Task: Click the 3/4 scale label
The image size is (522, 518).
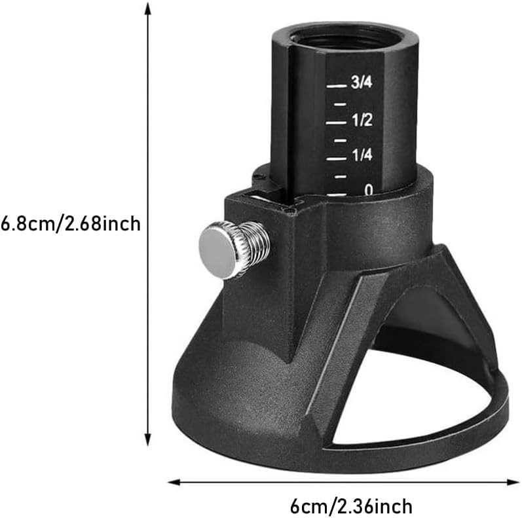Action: [x=362, y=83]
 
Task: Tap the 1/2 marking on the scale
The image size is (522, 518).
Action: [x=362, y=120]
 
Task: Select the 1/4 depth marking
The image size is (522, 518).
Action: [x=362, y=155]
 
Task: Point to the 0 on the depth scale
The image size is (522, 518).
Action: [x=369, y=190]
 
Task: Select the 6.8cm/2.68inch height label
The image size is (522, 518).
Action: [x=71, y=224]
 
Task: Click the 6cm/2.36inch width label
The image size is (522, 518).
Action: [x=351, y=506]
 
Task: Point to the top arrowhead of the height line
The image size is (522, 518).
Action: [x=148, y=8]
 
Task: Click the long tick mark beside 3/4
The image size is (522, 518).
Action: [x=336, y=86]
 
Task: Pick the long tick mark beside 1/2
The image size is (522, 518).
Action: [x=336, y=122]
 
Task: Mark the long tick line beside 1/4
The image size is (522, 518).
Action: [x=336, y=158]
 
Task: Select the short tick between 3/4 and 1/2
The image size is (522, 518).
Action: [x=339, y=104]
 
